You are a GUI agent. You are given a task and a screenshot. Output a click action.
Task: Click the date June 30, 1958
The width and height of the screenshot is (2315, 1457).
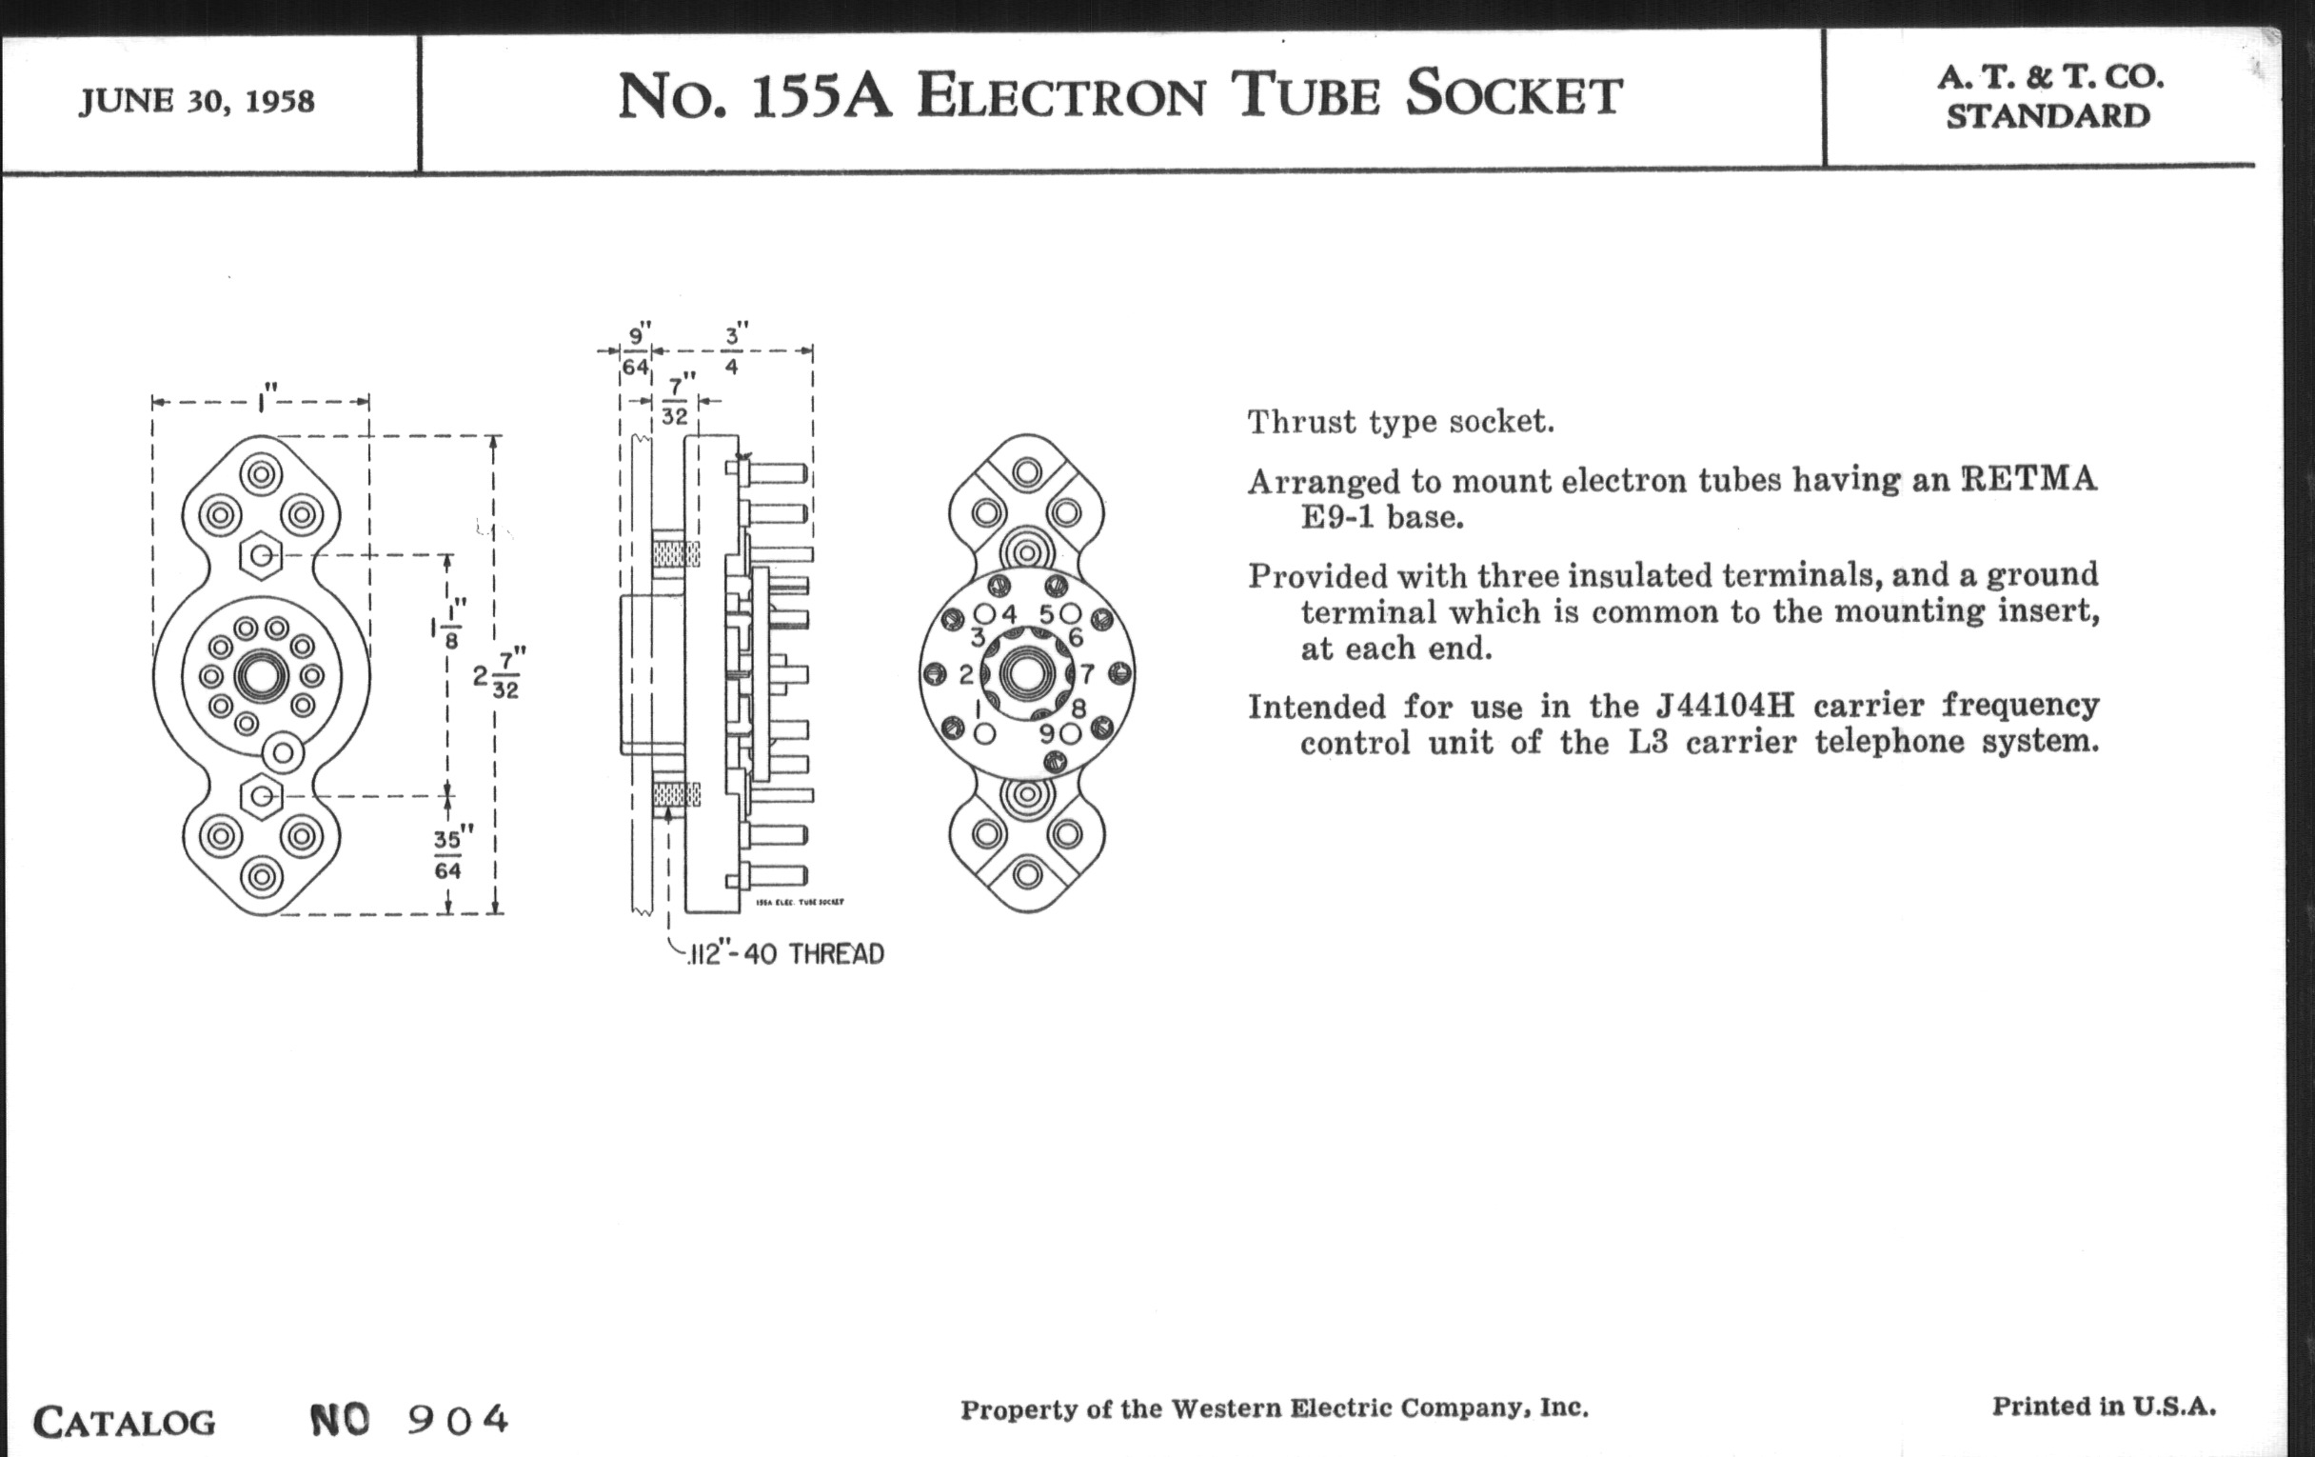(x=197, y=101)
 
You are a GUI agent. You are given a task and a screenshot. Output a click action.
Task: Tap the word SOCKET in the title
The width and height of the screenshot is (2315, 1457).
(x=1514, y=95)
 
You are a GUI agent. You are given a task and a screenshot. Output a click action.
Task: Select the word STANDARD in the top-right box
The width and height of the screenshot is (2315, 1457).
(x=2048, y=115)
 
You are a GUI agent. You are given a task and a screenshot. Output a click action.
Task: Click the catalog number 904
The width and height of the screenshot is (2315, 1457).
(x=458, y=1419)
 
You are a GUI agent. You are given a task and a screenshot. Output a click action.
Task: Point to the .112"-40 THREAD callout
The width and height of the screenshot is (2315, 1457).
(x=784, y=954)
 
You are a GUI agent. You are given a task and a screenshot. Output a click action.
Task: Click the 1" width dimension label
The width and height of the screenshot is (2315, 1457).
(x=264, y=397)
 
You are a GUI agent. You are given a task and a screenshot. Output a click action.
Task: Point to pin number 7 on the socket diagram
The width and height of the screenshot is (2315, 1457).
(x=1087, y=673)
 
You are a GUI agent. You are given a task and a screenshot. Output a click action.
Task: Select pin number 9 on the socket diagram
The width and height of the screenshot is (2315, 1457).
(x=1047, y=734)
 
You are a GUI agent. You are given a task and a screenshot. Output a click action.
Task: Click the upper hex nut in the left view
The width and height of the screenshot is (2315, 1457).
(x=261, y=555)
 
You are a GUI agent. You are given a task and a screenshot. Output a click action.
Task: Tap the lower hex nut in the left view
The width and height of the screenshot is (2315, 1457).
(x=261, y=795)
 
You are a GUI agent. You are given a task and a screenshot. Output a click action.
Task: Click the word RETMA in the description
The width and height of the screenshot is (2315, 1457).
(x=2028, y=479)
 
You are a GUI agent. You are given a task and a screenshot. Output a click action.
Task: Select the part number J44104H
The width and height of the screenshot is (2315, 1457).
(x=1725, y=706)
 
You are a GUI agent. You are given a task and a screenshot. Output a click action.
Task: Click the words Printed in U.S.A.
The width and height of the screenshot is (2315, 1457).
(x=2104, y=1406)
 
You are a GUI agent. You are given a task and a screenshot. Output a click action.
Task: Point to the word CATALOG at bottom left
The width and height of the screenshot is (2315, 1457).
(x=125, y=1422)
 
